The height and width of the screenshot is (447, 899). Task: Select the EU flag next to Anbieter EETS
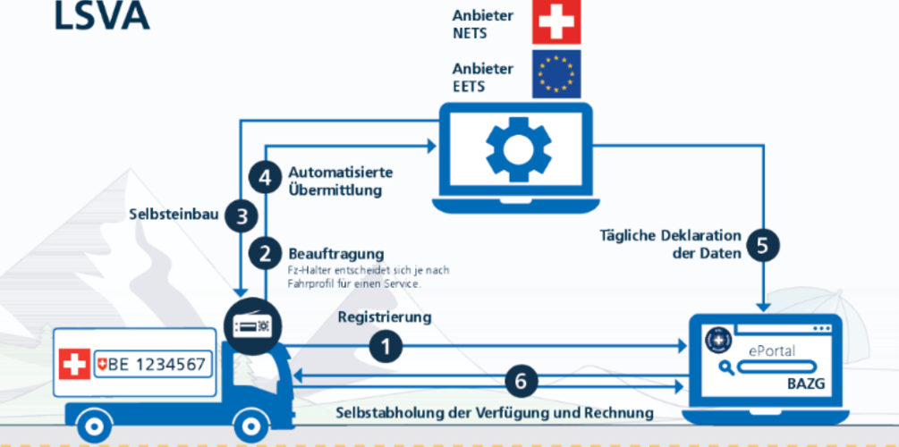click(x=556, y=73)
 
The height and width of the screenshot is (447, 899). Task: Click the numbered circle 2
click(x=265, y=253)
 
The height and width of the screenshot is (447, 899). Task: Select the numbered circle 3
click(x=242, y=215)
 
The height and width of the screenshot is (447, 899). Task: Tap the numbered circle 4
click(x=265, y=178)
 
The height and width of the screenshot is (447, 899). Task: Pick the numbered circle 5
click(x=761, y=245)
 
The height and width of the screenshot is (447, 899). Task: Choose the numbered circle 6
click(x=521, y=382)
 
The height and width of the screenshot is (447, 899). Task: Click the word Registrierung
click(x=385, y=317)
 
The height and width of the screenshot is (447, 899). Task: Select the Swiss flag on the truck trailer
click(x=74, y=365)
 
